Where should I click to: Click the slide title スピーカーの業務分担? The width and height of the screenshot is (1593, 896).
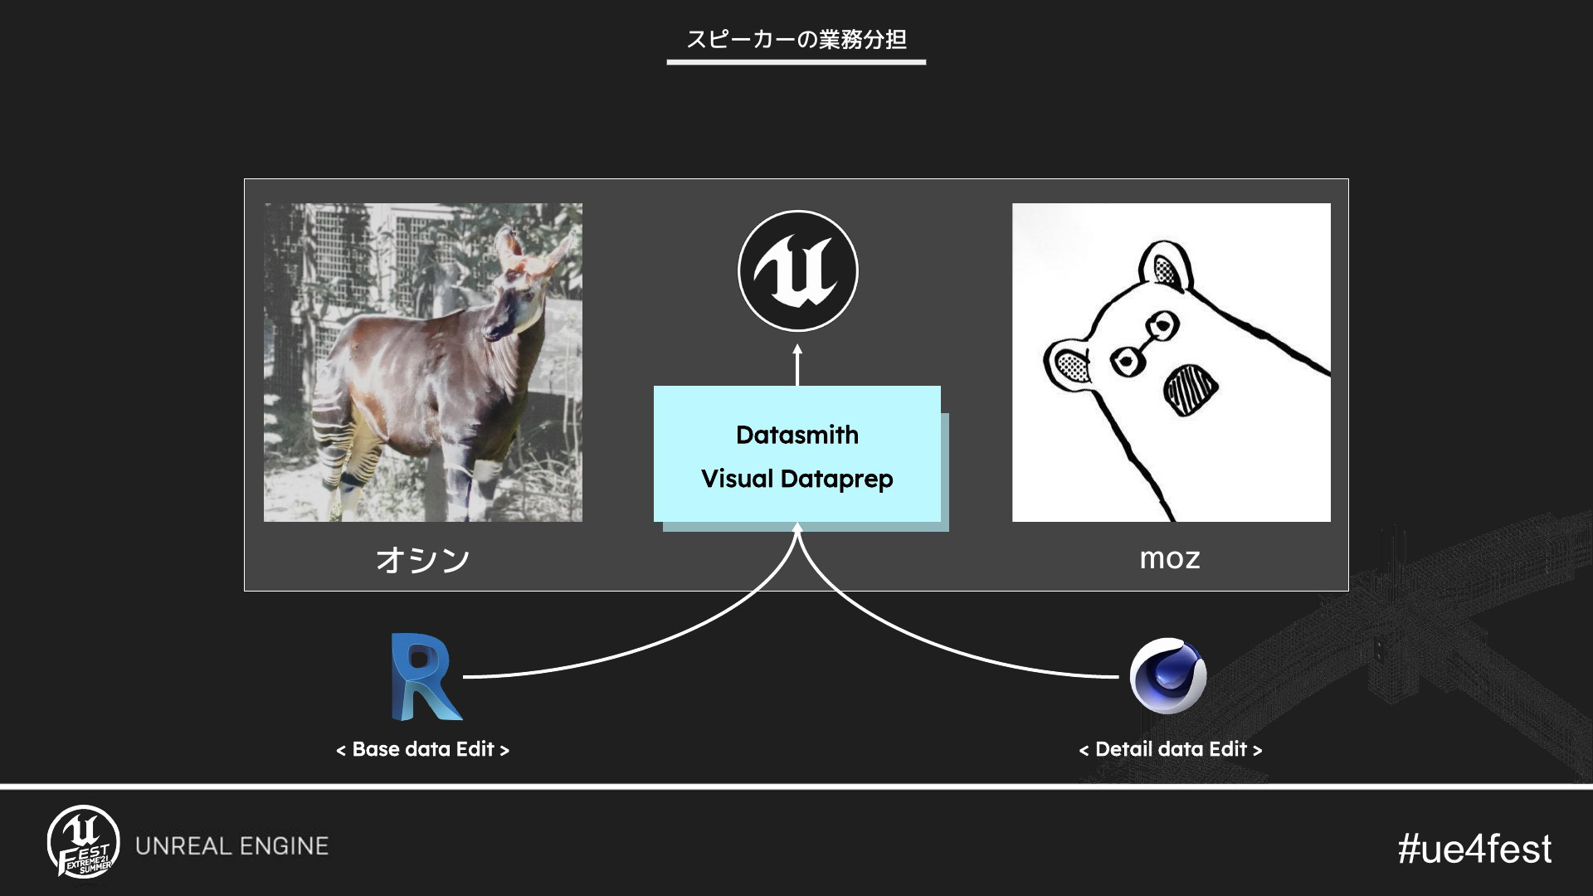pyautogui.click(x=796, y=39)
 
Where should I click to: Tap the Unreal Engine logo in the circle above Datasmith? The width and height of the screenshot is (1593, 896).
pyautogui.click(x=797, y=271)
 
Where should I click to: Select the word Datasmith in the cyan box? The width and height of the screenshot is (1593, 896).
pyautogui.click(x=797, y=435)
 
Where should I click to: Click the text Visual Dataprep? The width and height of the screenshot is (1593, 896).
pyautogui.click(x=797, y=479)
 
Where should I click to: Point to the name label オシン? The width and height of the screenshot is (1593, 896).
pyautogui.click(x=423, y=560)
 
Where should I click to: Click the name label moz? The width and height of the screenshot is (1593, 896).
pyautogui.click(x=1170, y=558)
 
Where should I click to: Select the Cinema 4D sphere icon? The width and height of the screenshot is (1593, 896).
pyautogui.click(x=1168, y=676)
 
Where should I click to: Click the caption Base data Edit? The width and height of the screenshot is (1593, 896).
pyautogui.click(x=422, y=749)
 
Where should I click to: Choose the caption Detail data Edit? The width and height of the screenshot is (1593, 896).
pyautogui.click(x=1170, y=749)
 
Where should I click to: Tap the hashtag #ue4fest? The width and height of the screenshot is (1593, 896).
pyautogui.click(x=1474, y=849)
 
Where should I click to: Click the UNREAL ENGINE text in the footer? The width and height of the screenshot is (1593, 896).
pyautogui.click(x=232, y=846)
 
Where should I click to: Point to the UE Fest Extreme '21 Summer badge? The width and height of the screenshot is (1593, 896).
pyautogui.click(x=83, y=843)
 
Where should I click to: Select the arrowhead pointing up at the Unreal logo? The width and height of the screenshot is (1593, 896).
pyautogui.click(x=797, y=350)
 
